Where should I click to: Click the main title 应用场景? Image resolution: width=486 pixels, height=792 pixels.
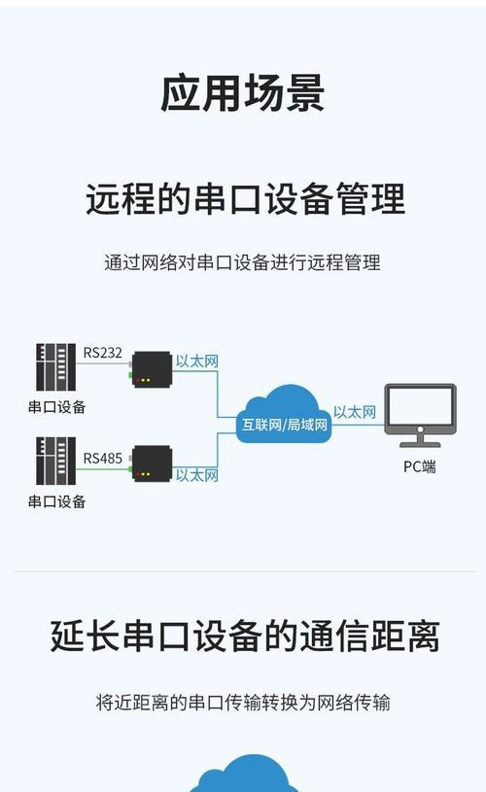coord(242,93)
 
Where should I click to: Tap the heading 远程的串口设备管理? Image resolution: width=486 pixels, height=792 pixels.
coord(246,199)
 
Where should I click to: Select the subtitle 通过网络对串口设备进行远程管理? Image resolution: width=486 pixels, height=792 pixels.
coord(242,262)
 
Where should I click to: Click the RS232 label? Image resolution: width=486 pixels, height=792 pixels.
coord(103,353)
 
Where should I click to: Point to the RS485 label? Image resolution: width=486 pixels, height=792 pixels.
coord(103,458)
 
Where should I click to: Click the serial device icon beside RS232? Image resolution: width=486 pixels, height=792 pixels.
coord(55,367)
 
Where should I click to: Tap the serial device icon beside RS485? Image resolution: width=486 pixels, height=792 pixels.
coord(55,462)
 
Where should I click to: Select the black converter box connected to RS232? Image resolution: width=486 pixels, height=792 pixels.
coord(152,369)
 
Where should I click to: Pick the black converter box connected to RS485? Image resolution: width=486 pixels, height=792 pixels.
coord(152,464)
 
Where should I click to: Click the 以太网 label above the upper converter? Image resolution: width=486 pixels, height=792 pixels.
coord(197,362)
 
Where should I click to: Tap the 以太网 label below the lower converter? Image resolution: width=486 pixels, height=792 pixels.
coord(197,475)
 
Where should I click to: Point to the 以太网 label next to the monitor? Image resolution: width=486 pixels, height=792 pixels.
coord(355,412)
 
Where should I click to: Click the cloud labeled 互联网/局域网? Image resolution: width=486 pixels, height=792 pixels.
coord(284,415)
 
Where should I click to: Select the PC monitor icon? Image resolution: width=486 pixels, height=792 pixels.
coord(420,415)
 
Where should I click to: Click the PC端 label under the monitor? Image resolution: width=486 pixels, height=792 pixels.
coord(419,466)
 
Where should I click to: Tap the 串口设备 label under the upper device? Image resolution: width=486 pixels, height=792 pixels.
coord(57,407)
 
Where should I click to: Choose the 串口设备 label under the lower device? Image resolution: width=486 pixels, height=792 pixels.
coord(57,501)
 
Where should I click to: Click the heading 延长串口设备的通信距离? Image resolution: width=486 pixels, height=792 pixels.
coord(245,637)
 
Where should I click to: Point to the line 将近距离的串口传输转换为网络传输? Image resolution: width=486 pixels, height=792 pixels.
coord(243,703)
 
